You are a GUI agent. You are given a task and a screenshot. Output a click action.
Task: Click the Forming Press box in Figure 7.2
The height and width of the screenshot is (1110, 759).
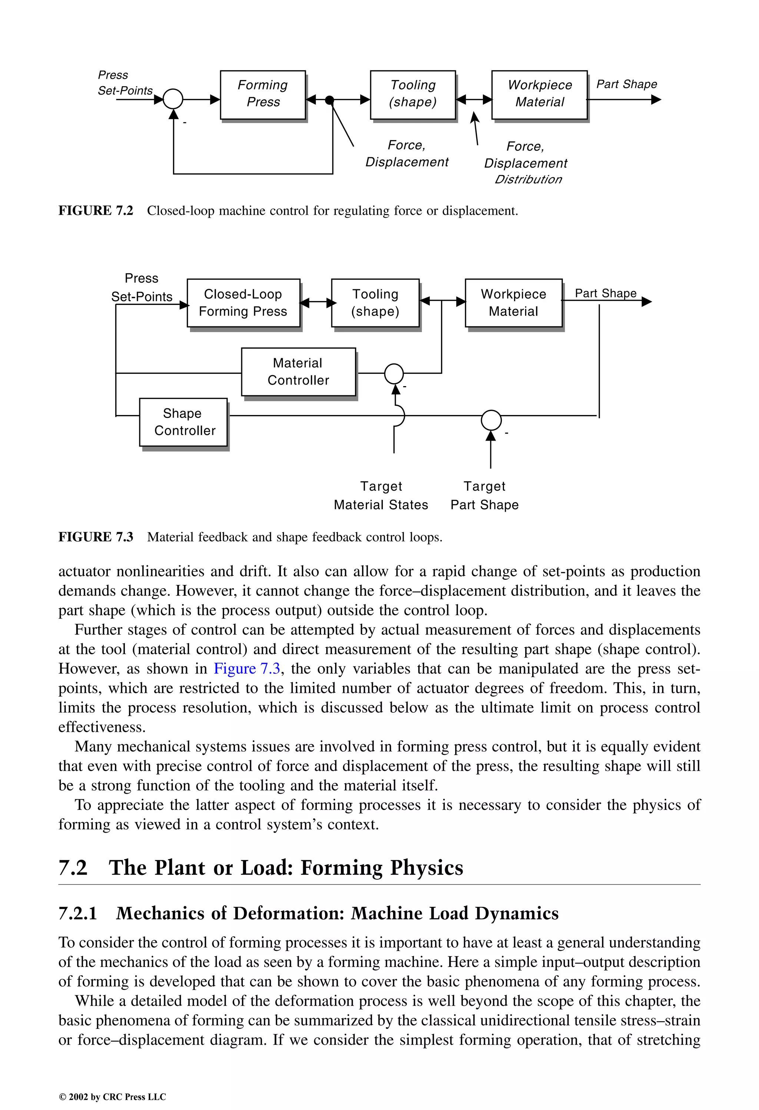[262, 95]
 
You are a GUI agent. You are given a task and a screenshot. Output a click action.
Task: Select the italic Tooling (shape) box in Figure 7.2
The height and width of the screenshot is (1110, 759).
[412, 95]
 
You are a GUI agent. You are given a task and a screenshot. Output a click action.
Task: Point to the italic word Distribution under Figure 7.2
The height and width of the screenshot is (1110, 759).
[528, 179]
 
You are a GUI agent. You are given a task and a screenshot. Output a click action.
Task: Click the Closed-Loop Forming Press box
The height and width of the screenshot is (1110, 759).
[243, 303]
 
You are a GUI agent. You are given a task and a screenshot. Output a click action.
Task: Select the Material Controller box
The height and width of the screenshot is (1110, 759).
[298, 372]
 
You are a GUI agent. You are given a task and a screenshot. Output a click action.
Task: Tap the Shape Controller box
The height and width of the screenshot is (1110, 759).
[183, 422]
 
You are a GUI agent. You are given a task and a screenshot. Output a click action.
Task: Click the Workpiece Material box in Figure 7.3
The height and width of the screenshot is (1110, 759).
[513, 303]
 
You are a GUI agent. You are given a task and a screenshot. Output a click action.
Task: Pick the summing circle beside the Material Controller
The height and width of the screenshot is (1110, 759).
[394, 373]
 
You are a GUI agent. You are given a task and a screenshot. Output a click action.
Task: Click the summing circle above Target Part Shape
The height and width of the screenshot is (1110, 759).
[491, 420]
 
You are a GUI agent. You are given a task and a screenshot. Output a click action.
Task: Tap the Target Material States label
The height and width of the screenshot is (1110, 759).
[381, 495]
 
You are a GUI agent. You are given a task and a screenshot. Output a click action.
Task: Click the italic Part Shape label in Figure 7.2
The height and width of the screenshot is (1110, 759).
[626, 84]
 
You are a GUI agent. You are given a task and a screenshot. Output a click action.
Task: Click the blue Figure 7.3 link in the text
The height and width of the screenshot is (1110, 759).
[247, 669]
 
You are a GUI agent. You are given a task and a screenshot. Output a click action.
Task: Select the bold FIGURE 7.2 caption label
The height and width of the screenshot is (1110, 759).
[96, 211]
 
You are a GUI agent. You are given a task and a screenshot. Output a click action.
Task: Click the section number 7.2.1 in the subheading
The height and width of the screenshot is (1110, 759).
[78, 913]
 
